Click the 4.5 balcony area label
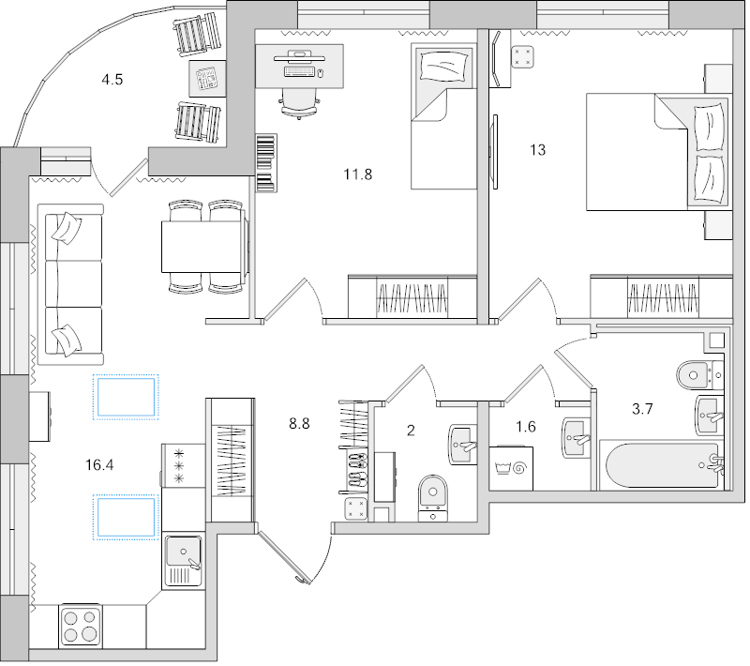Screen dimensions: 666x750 [x=113, y=79]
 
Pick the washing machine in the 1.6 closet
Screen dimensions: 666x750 [x=512, y=466]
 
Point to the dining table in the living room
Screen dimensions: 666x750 [x=203, y=246]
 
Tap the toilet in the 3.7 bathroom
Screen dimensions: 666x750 [x=696, y=372]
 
